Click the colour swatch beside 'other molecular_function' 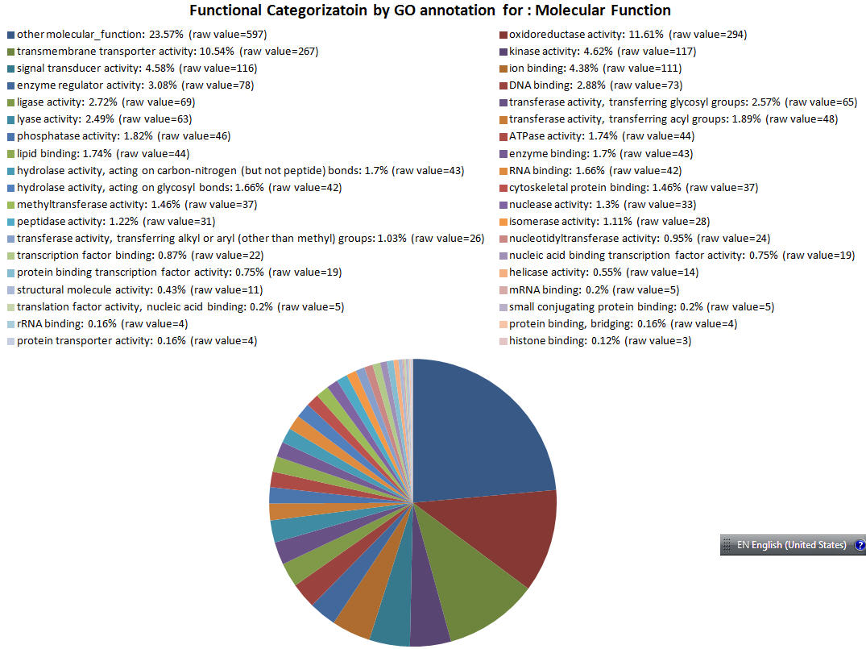click(x=10, y=35)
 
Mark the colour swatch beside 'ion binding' click(x=503, y=69)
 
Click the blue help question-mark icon click(x=859, y=545)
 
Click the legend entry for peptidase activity click(x=115, y=222)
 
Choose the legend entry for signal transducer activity click(x=137, y=69)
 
